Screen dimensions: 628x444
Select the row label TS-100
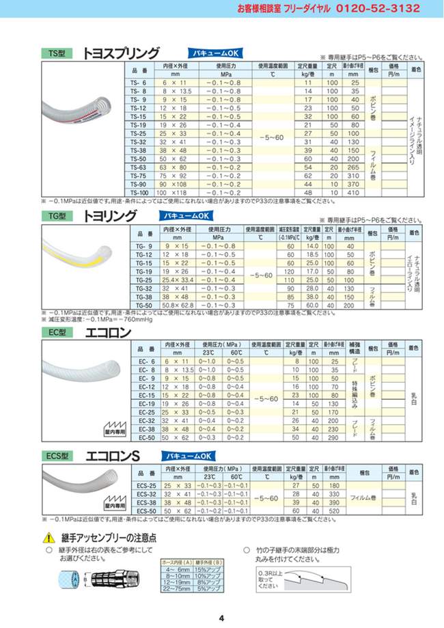click(138, 193)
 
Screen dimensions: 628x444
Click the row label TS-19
click(138, 126)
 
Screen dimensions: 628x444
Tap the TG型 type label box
click(58, 217)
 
